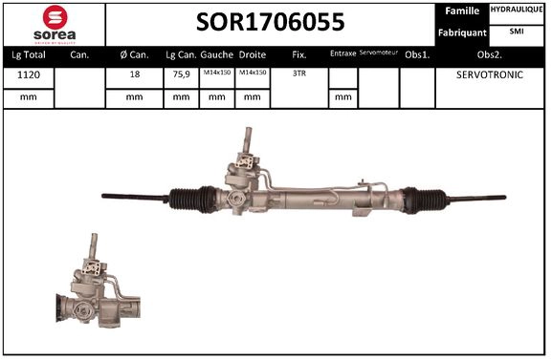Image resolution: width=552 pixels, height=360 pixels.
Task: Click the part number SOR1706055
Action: (271, 22)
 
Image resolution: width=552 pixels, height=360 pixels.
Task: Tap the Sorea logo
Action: (54, 23)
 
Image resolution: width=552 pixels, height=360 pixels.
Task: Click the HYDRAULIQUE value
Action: (516, 11)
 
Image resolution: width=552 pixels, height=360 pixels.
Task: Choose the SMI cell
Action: (516, 32)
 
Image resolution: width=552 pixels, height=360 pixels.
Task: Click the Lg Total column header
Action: (29, 54)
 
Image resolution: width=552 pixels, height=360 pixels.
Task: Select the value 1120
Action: (29, 74)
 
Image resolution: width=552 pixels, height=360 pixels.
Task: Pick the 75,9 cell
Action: (180, 74)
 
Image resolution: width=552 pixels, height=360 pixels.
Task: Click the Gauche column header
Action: (217, 54)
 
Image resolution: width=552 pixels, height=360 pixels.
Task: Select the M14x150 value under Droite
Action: (253, 74)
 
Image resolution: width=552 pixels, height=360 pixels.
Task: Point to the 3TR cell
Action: (298, 74)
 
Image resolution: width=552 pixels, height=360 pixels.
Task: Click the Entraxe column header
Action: (342, 54)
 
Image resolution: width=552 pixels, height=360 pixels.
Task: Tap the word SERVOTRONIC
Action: (490, 74)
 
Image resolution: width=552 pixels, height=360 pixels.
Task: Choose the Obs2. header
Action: (490, 54)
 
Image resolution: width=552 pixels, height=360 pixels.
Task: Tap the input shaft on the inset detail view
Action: (94, 247)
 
